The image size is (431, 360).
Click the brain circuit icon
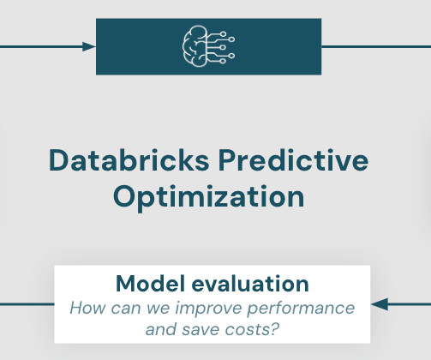(x=208, y=46)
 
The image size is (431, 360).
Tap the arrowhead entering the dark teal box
(x=89, y=46)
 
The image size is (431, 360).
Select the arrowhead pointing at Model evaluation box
(x=380, y=304)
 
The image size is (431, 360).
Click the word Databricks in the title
(x=129, y=160)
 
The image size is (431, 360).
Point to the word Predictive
(x=293, y=160)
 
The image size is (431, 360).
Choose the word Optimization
(x=209, y=198)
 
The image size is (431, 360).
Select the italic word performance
(x=301, y=309)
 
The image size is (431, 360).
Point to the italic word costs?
(x=252, y=330)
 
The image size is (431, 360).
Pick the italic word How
(x=88, y=308)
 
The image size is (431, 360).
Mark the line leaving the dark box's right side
(x=376, y=46)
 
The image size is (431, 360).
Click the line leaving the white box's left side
(x=27, y=304)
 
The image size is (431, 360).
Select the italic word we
(x=159, y=309)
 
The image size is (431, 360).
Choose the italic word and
(x=161, y=330)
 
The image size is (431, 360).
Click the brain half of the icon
(x=195, y=46)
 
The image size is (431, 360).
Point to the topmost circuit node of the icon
(x=223, y=34)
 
